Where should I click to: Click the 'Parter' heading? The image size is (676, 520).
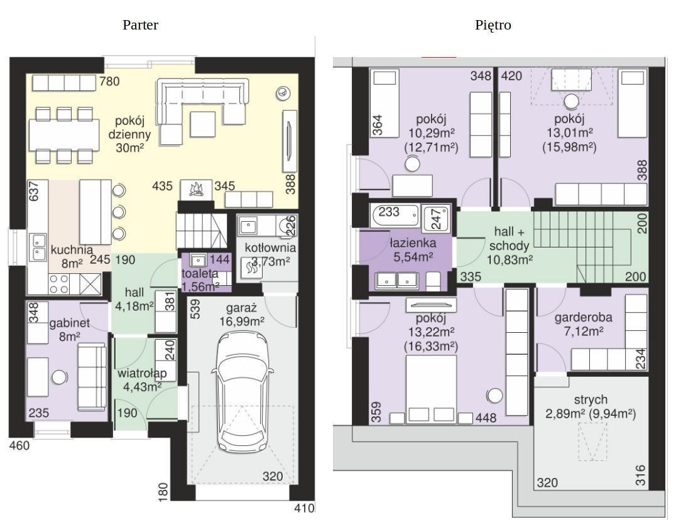point(140,25)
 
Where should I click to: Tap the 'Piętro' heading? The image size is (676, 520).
point(493,25)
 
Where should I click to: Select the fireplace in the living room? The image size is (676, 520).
point(196,189)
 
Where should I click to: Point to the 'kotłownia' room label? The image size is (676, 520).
point(270,247)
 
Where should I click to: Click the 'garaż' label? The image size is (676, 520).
point(241,308)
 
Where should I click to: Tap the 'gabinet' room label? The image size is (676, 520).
point(69,323)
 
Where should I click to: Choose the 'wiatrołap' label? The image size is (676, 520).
point(142,373)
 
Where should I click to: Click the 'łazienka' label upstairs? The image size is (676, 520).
point(413,243)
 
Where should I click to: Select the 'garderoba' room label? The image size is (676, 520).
point(583,318)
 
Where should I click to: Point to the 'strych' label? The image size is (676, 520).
point(591,400)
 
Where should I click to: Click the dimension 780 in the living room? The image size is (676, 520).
point(109,81)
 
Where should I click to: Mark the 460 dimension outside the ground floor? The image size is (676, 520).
point(20,445)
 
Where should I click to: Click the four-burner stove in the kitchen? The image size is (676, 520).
point(60,284)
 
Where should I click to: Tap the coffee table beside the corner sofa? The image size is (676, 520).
point(203,124)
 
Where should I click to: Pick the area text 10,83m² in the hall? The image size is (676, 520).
point(510,260)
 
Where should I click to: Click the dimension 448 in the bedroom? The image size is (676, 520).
point(486,418)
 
